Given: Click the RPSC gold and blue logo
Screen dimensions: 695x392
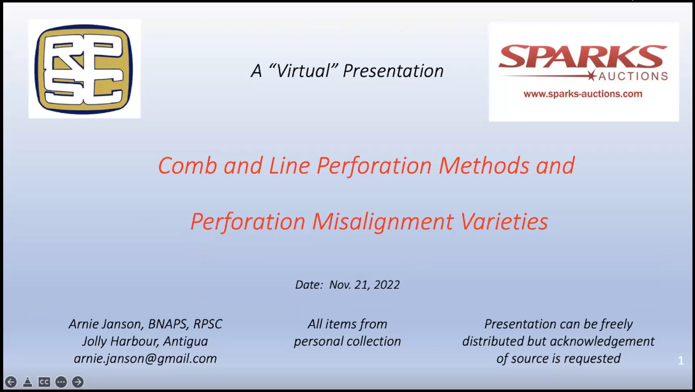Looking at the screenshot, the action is pos(84,69).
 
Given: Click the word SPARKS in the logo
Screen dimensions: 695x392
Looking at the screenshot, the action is pos(583,57).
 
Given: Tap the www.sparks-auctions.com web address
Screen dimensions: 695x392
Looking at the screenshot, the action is pos(583,94).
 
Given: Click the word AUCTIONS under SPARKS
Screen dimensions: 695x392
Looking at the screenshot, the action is pos(633,76).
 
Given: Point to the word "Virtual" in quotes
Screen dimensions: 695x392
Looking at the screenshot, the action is pos(303,71).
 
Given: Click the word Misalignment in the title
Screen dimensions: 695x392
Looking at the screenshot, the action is pos(383,222).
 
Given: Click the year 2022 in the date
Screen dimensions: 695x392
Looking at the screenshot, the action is pos(387,284).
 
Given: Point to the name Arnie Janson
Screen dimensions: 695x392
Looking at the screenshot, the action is pos(105,324).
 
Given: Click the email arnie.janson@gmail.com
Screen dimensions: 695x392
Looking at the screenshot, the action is pos(146,358).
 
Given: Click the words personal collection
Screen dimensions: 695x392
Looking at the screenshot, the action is pos(347,342).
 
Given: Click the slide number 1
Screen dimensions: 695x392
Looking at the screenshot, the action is pos(681,361).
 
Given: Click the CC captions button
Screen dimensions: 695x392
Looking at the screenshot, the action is pos(44,382).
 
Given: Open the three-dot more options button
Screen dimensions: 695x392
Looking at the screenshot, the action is pos(61,382).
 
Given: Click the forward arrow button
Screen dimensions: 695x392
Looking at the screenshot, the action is pos(78,382).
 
